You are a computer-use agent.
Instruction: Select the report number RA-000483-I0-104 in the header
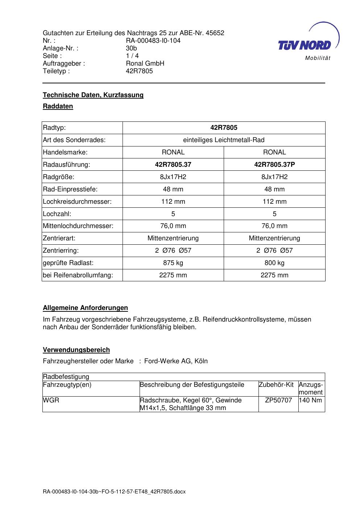coord(153,41)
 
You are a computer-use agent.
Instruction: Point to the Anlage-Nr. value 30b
coord(131,48)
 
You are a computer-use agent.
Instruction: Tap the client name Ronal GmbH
coord(145,63)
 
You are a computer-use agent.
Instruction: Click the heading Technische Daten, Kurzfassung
coord(93,95)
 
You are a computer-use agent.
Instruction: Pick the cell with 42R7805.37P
coord(274,165)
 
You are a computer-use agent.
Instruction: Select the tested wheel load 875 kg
coord(173,263)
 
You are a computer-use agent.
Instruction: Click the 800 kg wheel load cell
coord(274,263)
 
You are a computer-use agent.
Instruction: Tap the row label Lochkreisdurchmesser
coord(77,202)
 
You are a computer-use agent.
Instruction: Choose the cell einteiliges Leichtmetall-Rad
coord(224,140)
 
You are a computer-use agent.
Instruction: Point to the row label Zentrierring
coord(61,251)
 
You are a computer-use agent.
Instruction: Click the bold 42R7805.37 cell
coord(173,165)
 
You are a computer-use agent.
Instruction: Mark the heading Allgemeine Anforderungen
coord(85,308)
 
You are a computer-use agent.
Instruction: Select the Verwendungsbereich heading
coord(76,350)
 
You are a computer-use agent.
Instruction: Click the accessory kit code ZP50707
coord(278,400)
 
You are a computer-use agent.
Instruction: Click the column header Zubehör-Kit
coord(276,385)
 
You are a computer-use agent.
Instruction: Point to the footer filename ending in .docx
coord(114,492)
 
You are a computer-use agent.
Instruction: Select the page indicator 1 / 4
coord(132,56)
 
